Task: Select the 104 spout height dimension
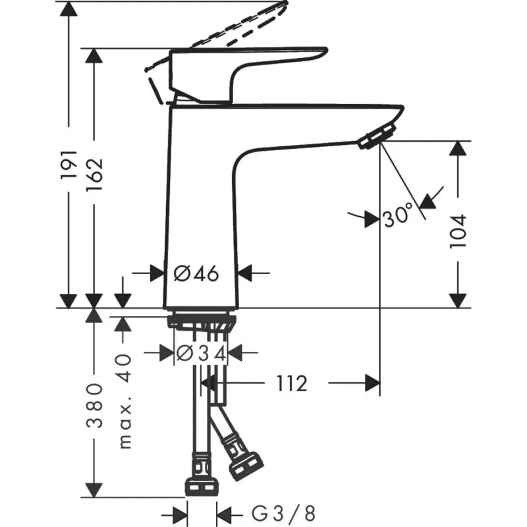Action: [x=458, y=229]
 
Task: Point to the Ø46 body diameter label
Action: [x=196, y=272]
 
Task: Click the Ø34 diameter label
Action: [x=201, y=353]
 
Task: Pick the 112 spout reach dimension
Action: [x=291, y=383]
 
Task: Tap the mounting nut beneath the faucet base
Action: [x=202, y=323]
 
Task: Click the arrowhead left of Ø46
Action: [x=156, y=272]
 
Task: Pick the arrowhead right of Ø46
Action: [x=245, y=272]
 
